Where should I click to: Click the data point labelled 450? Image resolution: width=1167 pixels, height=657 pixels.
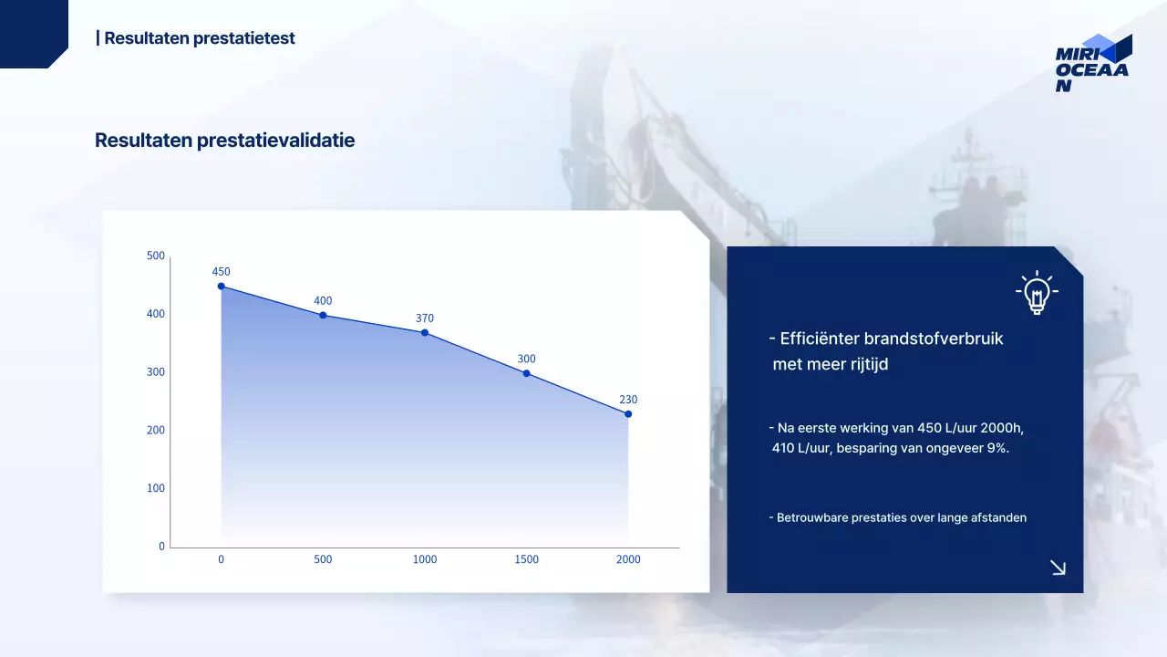pos(221,287)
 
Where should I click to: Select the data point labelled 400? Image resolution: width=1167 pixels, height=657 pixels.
pos(323,316)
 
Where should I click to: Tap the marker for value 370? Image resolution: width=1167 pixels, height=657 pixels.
pos(425,333)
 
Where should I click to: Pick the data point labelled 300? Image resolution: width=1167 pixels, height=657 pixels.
pos(527,373)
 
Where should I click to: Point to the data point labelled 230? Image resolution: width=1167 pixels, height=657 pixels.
pos(628,414)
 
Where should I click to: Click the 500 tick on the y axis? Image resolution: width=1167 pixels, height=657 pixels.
pos(156,255)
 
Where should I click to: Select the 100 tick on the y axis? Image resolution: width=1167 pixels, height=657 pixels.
pos(156,488)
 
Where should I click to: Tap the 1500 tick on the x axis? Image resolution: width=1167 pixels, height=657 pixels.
pos(527,559)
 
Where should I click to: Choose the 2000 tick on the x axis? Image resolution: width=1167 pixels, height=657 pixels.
pos(628,559)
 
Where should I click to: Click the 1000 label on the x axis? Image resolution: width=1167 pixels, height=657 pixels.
pos(425,559)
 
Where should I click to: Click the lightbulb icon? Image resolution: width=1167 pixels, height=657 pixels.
pos(1037,292)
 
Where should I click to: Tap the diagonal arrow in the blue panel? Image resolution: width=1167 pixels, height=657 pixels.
pos(1059,568)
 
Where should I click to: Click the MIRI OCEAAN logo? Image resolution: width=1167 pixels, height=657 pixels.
pos(1093,63)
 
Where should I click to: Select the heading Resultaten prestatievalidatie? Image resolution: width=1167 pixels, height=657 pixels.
pos(224,141)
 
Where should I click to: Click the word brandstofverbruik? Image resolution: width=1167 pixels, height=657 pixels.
pos(934,339)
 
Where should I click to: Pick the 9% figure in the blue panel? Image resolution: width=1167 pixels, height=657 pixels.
pos(997,448)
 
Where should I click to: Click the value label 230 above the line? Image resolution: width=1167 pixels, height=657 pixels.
pos(628,400)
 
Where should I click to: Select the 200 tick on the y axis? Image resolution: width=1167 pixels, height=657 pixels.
pos(156,430)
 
